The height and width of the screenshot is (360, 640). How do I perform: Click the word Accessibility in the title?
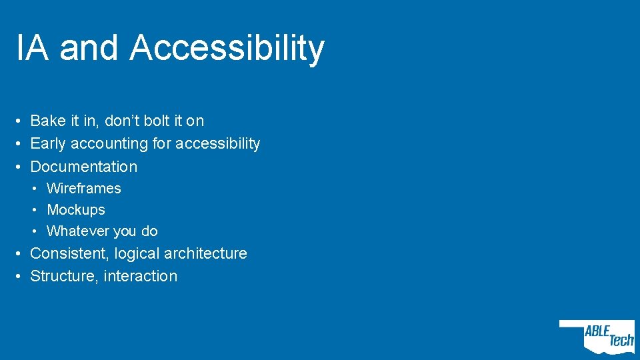(x=227, y=49)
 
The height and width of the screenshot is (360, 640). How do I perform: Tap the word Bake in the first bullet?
(x=48, y=121)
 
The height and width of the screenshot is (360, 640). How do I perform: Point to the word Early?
(x=48, y=144)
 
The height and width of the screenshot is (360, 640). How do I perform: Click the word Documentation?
(x=84, y=167)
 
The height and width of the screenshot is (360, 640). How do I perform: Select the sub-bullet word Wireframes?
(x=84, y=189)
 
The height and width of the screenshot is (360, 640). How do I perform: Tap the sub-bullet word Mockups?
(x=76, y=210)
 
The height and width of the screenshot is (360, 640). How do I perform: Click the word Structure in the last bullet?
(x=64, y=276)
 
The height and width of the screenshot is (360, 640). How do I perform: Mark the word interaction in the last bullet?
(x=141, y=276)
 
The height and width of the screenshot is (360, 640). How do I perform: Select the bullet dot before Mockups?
(x=37, y=210)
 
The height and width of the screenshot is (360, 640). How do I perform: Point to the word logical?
(x=137, y=254)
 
